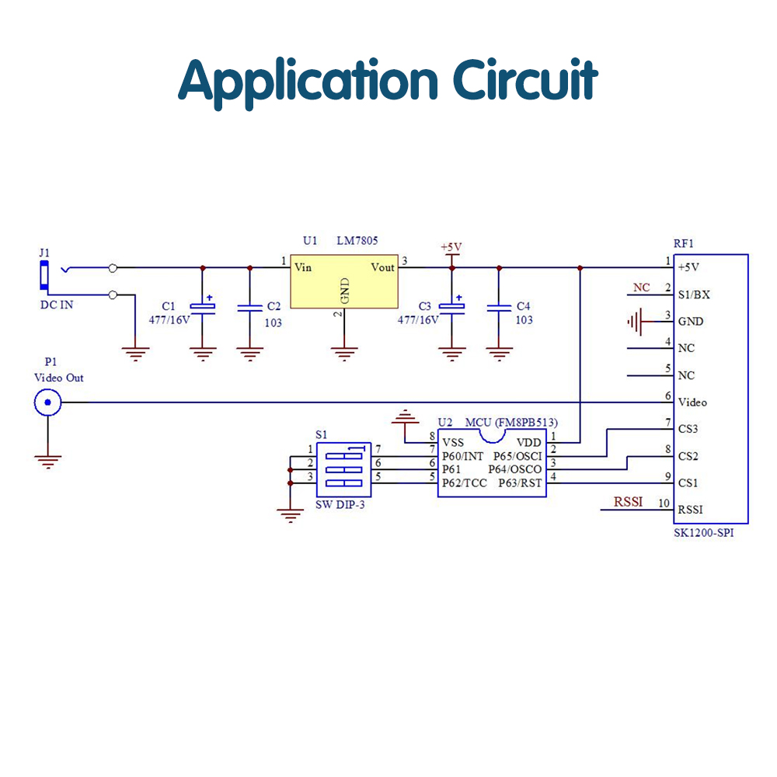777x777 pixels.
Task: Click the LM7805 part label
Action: pos(357,242)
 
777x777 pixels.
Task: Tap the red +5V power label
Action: pos(451,247)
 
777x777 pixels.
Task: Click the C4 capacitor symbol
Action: pos(499,308)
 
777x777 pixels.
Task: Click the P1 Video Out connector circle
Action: pos(47,402)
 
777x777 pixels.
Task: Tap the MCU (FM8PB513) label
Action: pos(511,423)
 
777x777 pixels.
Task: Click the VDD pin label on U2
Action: pos(529,442)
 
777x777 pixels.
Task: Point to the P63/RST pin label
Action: pos(520,483)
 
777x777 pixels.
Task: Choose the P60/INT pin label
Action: pos(462,455)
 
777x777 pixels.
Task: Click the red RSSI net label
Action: pos(629,502)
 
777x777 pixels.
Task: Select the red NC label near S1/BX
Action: pos(641,287)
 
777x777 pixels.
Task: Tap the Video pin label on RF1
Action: pos(692,402)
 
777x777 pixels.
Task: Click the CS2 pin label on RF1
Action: pos(688,456)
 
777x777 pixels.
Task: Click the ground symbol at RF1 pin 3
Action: pos(637,320)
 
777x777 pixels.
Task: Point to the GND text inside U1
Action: pos(345,290)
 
